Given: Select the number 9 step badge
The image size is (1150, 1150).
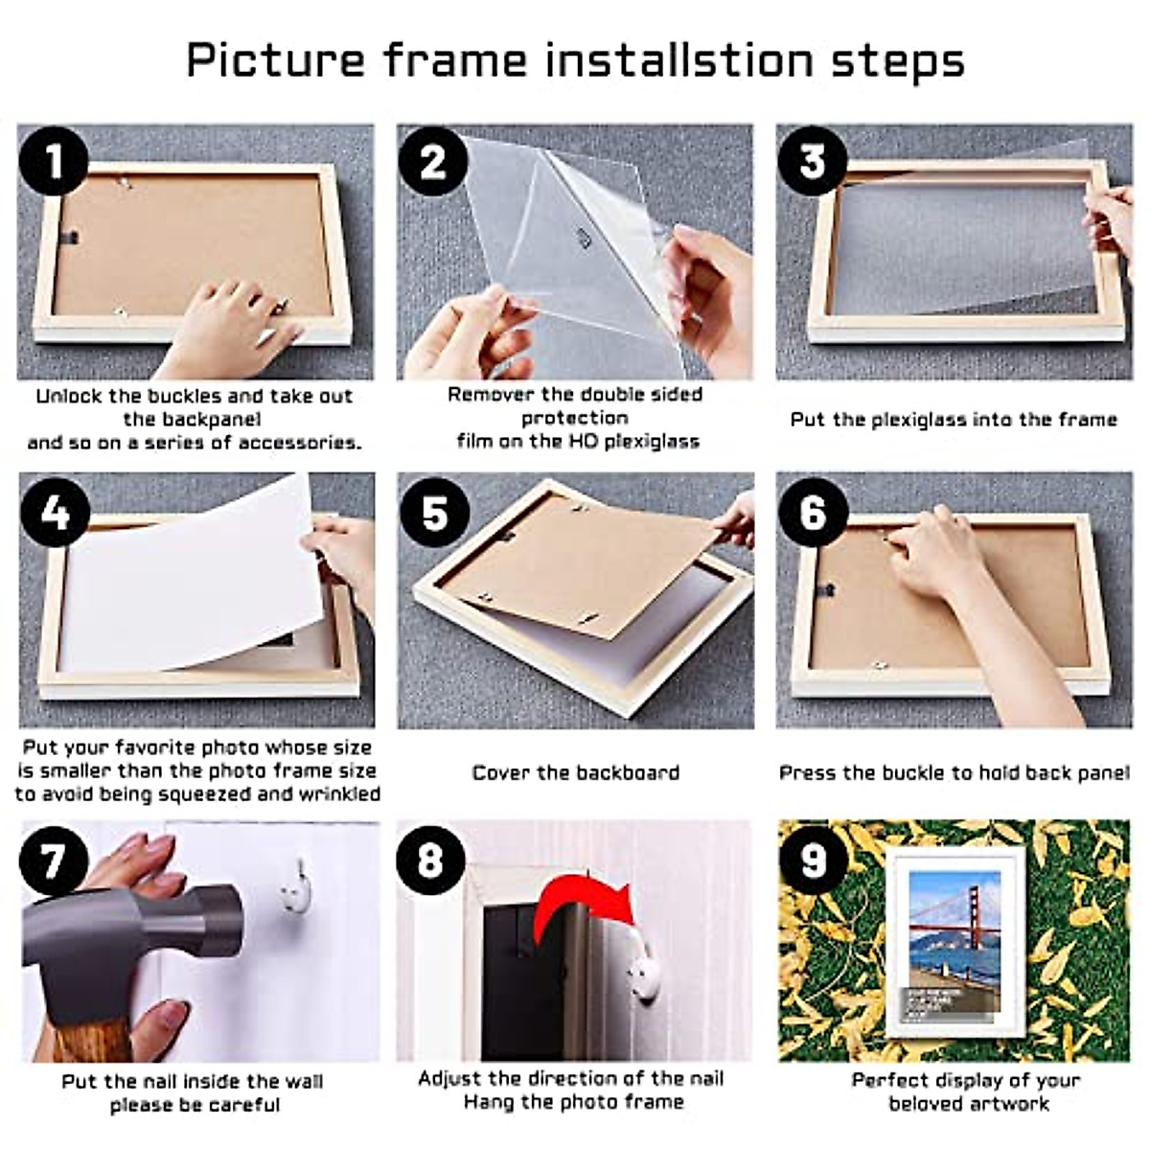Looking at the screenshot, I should point(813,860).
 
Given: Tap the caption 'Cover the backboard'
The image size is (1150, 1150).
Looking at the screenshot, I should point(576,772).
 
